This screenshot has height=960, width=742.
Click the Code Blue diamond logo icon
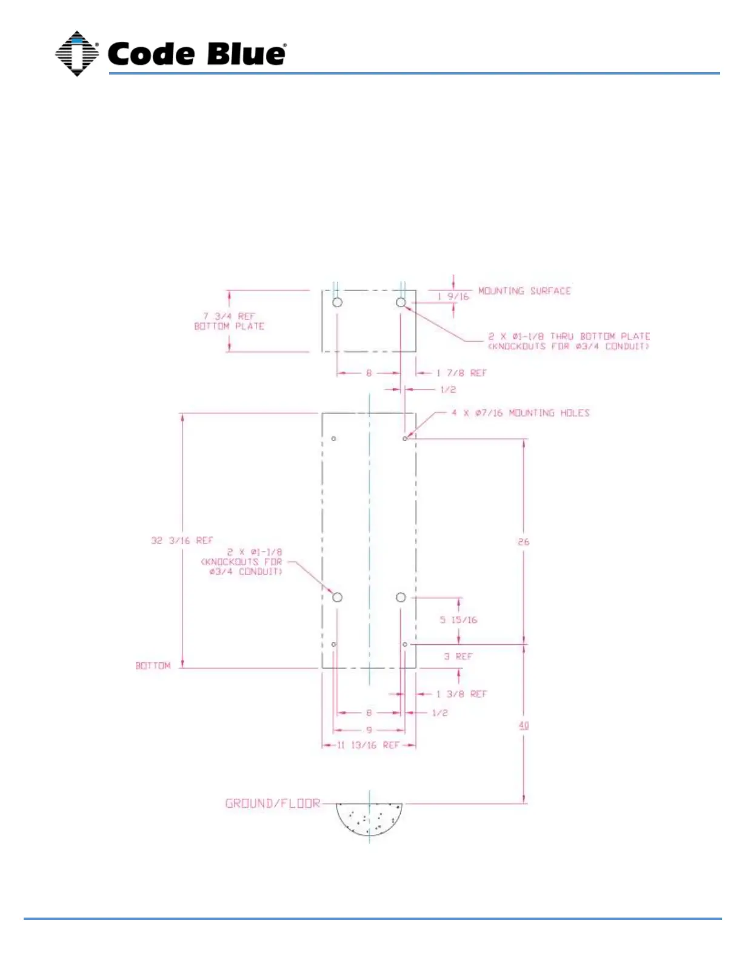(77, 53)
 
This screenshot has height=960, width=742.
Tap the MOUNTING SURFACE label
(524, 291)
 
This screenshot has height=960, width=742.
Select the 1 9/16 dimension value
(453, 296)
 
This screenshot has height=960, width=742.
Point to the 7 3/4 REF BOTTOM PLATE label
(229, 321)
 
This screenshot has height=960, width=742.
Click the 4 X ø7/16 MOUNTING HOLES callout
(520, 413)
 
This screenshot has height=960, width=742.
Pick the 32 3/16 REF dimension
(182, 540)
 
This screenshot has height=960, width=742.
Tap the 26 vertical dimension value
(524, 541)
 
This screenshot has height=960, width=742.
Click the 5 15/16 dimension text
(458, 619)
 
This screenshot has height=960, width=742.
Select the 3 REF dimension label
(458, 656)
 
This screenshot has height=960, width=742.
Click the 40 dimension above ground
(524, 725)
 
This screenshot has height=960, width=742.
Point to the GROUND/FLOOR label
(272, 804)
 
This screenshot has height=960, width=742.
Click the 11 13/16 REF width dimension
(369, 745)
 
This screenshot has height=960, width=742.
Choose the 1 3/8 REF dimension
(461, 694)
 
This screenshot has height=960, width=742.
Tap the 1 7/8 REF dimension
(461, 373)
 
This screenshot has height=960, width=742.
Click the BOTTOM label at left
(153, 665)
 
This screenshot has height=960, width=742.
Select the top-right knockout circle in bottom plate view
(401, 302)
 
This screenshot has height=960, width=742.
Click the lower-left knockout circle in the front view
(338, 598)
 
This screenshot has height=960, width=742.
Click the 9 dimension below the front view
(369, 730)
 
